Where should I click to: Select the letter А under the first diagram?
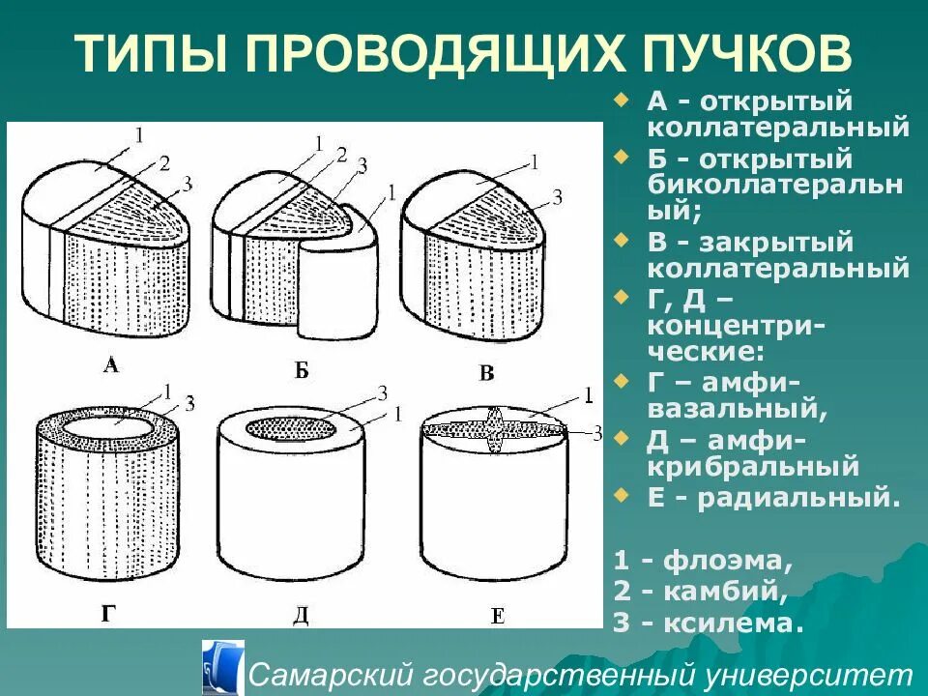(111, 364)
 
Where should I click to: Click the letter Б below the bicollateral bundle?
(301, 370)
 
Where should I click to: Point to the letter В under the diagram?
(486, 373)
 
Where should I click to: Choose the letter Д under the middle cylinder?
(301, 615)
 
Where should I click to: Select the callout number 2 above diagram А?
(163, 162)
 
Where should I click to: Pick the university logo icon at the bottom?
(222, 666)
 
